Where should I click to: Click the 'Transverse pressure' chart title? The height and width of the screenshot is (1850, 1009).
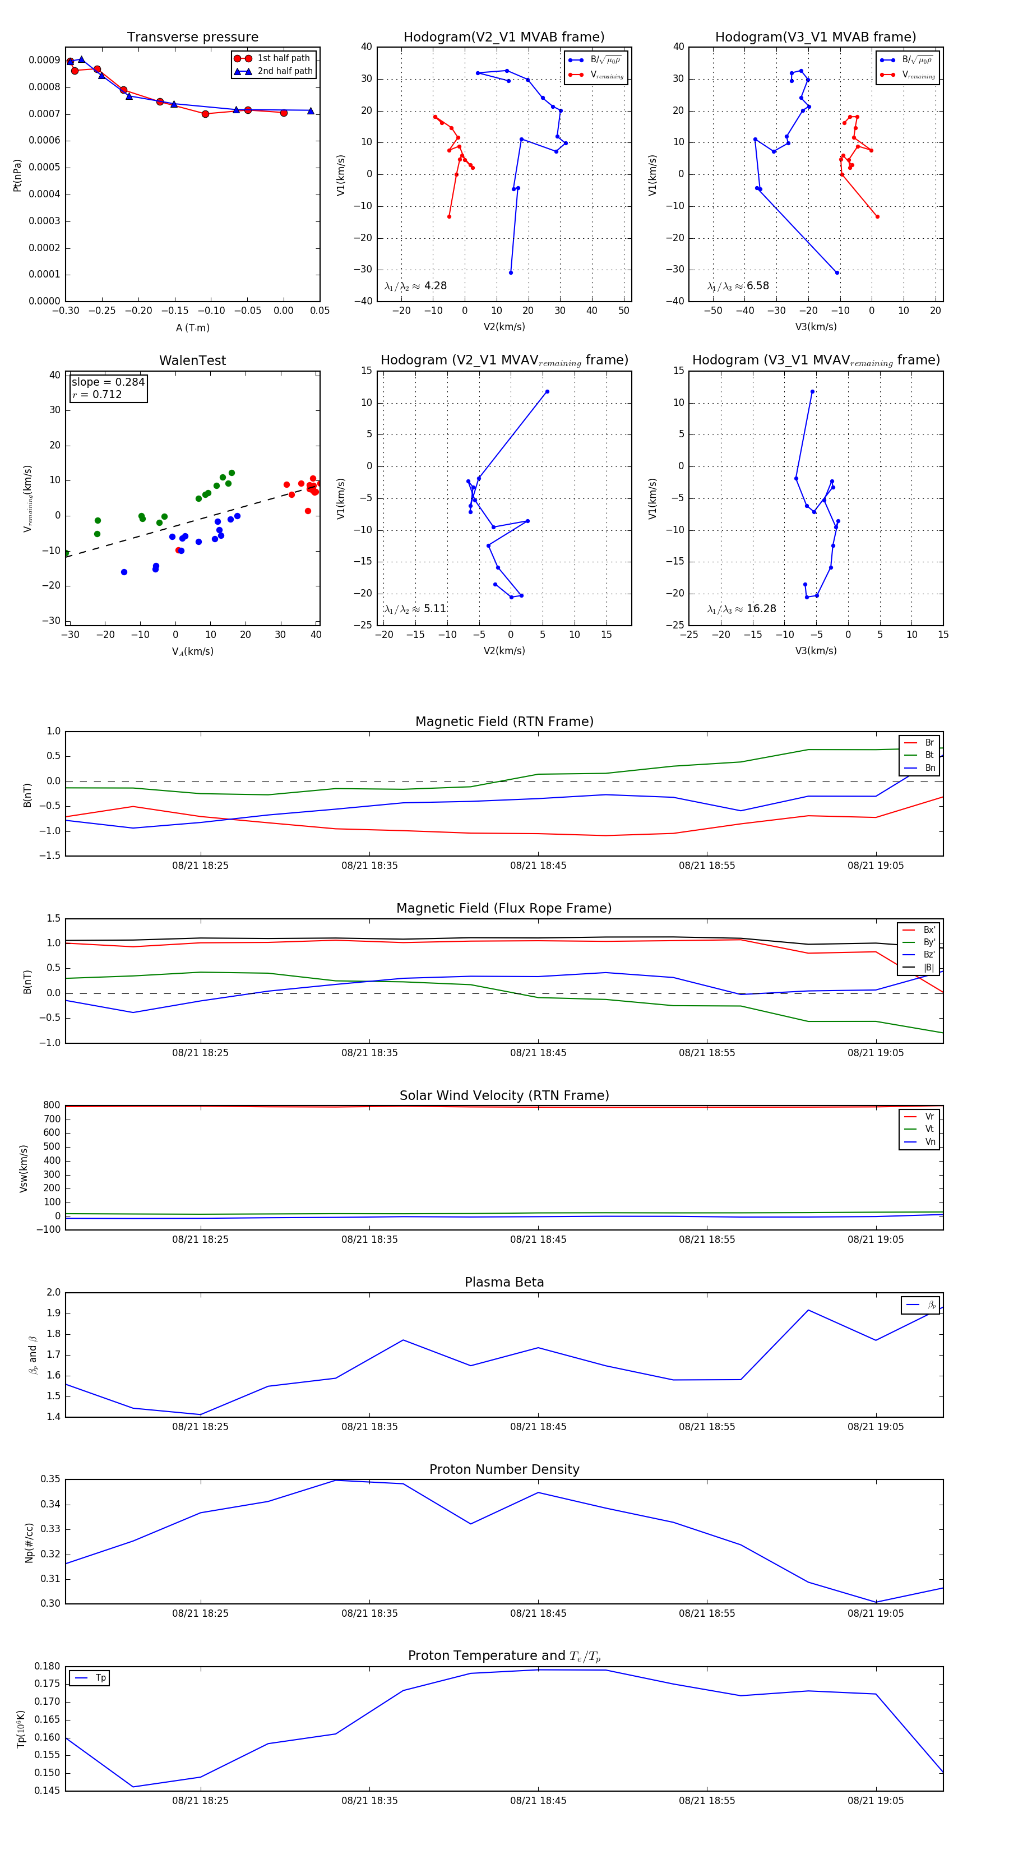[x=192, y=38]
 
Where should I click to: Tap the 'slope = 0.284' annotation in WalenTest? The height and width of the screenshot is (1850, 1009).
[x=108, y=382]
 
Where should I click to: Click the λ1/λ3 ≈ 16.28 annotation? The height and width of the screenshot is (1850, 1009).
[x=742, y=609]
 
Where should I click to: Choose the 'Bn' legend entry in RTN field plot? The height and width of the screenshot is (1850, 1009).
[x=929, y=767]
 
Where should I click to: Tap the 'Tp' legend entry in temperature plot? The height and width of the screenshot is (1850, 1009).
[x=100, y=1678]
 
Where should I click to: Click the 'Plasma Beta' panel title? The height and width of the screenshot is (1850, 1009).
[x=504, y=1283]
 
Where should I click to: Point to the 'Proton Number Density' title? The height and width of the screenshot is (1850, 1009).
[x=504, y=1469]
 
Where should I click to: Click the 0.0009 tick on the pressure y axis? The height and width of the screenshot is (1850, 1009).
[x=44, y=61]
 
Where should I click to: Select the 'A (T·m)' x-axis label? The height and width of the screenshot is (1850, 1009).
[x=192, y=328]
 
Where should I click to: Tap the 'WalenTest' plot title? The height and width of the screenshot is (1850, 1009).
[x=192, y=360]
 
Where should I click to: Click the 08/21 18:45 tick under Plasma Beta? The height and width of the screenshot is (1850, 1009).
[x=538, y=1426]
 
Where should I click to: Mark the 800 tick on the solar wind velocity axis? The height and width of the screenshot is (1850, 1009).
[x=52, y=1106]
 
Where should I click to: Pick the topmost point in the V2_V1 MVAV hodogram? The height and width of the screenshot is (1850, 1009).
[x=547, y=391]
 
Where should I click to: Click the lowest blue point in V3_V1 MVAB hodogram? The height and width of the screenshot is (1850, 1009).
[x=837, y=272]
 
